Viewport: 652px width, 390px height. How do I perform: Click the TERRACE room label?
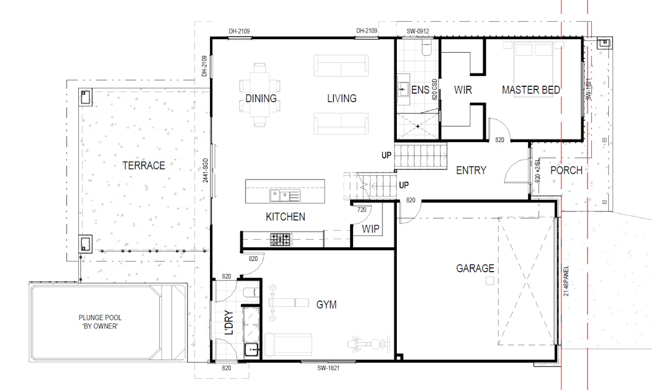(x=144, y=166)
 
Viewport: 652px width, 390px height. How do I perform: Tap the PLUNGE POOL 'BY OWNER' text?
(x=100, y=322)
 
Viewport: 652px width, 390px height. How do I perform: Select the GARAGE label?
(x=475, y=268)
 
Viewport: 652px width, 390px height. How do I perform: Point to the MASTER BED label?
(x=531, y=90)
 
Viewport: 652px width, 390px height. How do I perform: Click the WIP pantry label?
(x=371, y=229)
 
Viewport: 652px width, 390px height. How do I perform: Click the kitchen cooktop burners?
(x=281, y=239)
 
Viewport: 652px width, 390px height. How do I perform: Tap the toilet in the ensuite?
(x=427, y=48)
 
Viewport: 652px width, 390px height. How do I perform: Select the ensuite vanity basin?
(x=403, y=89)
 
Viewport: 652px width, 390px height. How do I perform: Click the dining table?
(x=260, y=95)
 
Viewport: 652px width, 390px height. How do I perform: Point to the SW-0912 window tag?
(x=418, y=31)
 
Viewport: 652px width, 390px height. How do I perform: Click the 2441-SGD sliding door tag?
(x=205, y=171)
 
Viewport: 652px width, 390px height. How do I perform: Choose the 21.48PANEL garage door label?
(x=566, y=281)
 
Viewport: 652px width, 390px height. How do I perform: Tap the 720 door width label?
(x=361, y=210)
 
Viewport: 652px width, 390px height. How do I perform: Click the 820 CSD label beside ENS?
(x=435, y=89)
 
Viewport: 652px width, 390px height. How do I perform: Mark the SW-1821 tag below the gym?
(x=328, y=368)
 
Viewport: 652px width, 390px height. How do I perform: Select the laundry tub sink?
(x=251, y=349)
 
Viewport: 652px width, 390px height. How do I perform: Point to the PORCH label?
(x=566, y=171)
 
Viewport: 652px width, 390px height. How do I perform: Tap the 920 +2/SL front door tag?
(x=537, y=171)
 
